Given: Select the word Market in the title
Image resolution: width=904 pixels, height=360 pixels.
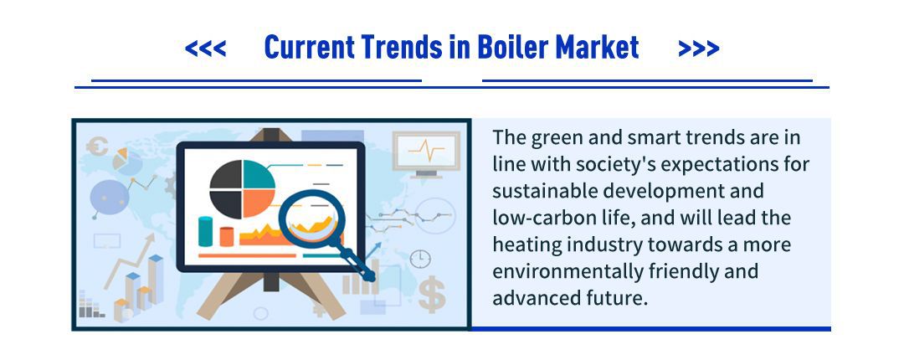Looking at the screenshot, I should pos(598,48).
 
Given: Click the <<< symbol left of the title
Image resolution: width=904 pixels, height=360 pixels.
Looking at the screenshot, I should pos(205,49).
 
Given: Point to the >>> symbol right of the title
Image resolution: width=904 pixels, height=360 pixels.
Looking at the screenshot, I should pos(699,49).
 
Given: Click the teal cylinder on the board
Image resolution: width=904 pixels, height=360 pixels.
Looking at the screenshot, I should pos(205,231).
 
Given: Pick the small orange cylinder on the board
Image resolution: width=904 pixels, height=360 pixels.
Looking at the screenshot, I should pos(227,236).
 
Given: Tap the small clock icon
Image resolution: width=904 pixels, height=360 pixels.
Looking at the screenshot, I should pos(420,259).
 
